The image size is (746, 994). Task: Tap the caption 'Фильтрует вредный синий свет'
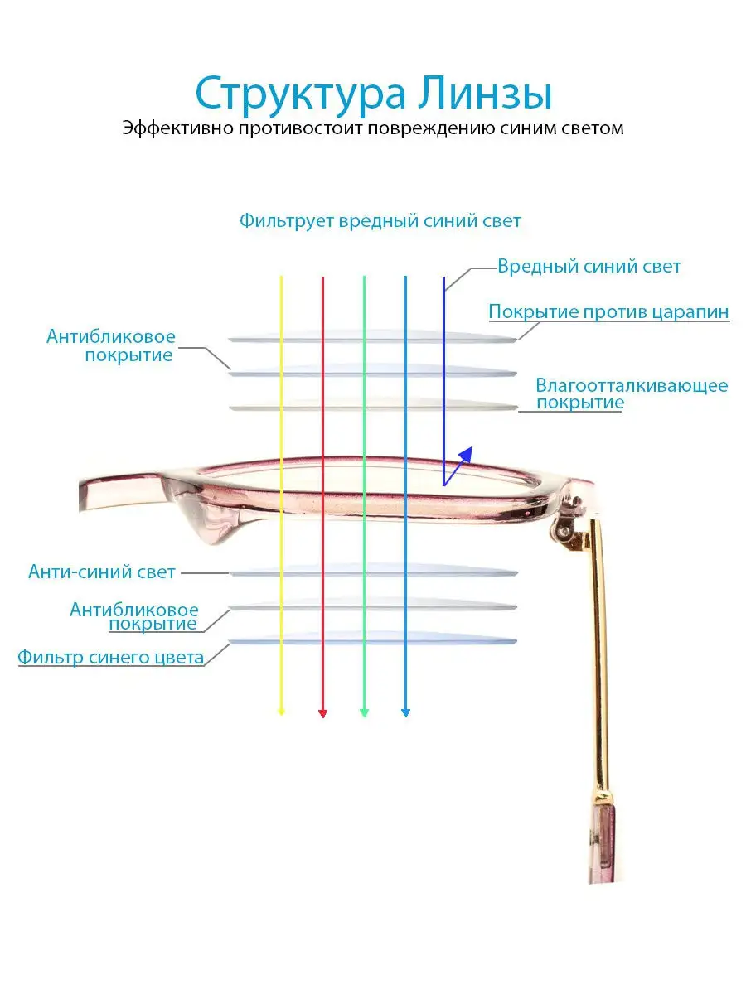(x=380, y=221)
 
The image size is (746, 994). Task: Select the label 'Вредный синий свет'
(x=589, y=266)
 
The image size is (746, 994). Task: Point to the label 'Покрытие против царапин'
(x=608, y=311)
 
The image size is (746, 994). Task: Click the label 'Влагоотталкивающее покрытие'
(x=632, y=393)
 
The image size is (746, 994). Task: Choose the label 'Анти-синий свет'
(x=101, y=572)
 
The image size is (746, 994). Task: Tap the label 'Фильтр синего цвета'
(x=110, y=657)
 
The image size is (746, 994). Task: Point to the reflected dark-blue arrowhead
(x=466, y=454)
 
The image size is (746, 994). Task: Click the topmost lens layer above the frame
(x=372, y=337)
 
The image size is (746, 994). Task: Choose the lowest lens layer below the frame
(x=372, y=639)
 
